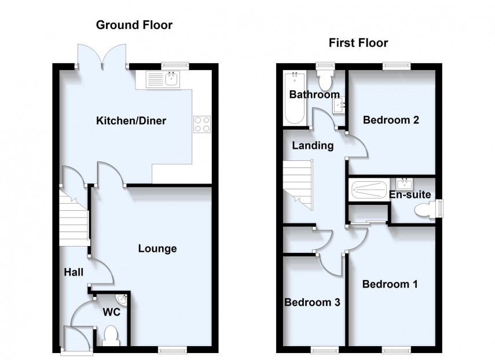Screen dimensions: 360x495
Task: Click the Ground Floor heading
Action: coord(134,25)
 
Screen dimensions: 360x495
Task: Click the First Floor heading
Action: coord(358,43)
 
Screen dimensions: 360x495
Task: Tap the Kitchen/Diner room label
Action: coord(131,121)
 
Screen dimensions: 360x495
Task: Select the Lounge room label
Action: coord(157,249)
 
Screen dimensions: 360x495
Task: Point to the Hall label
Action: coord(74,271)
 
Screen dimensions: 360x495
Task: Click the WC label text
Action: coord(111,311)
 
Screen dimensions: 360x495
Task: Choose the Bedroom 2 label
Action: coord(390,120)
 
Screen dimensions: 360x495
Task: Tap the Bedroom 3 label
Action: coord(311,302)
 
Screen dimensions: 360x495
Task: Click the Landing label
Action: coord(313,145)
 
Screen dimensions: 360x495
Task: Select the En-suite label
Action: coord(410,194)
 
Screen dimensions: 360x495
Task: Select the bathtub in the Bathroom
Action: coord(295,98)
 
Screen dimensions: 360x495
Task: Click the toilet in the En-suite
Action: coord(427,212)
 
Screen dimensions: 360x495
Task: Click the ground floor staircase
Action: coord(73,218)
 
